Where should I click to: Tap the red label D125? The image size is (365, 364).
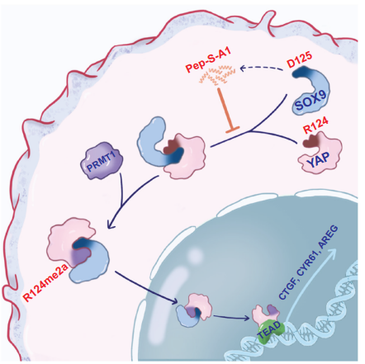click(x=299, y=60)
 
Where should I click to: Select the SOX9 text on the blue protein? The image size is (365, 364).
click(x=311, y=100)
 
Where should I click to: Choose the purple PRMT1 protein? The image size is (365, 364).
click(x=102, y=160)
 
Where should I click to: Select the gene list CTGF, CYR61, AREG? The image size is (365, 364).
click(x=308, y=262)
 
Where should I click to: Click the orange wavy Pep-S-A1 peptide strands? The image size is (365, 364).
click(x=217, y=74)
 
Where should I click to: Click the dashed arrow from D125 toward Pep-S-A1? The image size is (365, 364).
click(x=262, y=69)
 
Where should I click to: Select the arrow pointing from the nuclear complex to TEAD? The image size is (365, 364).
click(x=231, y=318)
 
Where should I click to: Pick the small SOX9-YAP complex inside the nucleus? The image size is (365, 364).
click(x=194, y=309)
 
